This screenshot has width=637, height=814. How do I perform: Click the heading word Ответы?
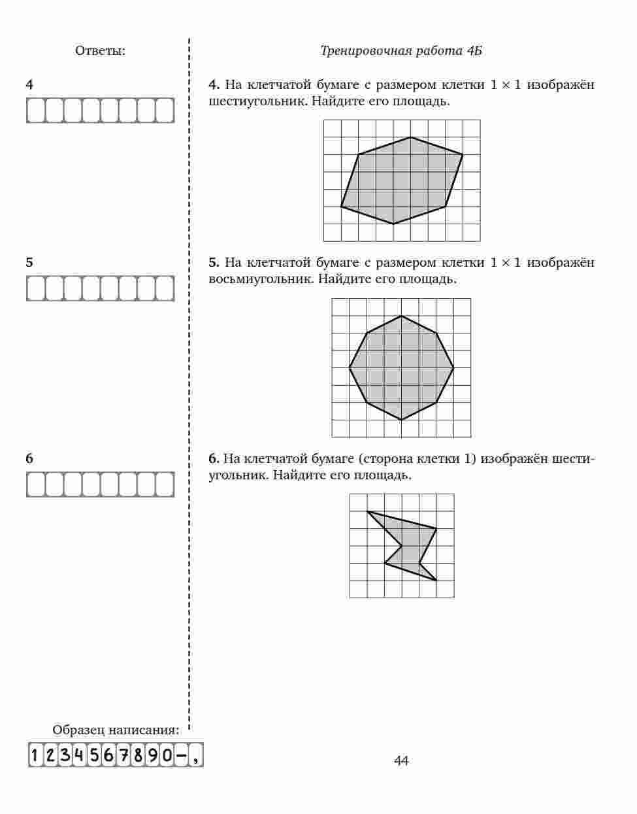100,51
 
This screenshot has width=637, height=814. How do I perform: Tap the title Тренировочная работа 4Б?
401,51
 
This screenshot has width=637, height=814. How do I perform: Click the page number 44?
401,760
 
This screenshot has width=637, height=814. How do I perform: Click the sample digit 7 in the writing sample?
123,755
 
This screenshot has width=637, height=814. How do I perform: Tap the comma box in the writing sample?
195,756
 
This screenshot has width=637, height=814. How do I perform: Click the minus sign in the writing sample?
181,755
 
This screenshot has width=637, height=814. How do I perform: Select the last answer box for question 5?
165,288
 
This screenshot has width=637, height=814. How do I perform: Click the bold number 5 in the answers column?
29,262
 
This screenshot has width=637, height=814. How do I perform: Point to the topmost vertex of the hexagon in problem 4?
411,137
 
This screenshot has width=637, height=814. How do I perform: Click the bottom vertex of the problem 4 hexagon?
393,224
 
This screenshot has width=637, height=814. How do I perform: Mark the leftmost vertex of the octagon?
350,368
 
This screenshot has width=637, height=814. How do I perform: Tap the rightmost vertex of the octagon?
453,368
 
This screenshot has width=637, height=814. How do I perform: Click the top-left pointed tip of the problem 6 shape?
367,511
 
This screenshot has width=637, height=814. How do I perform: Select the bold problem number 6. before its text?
214,458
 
